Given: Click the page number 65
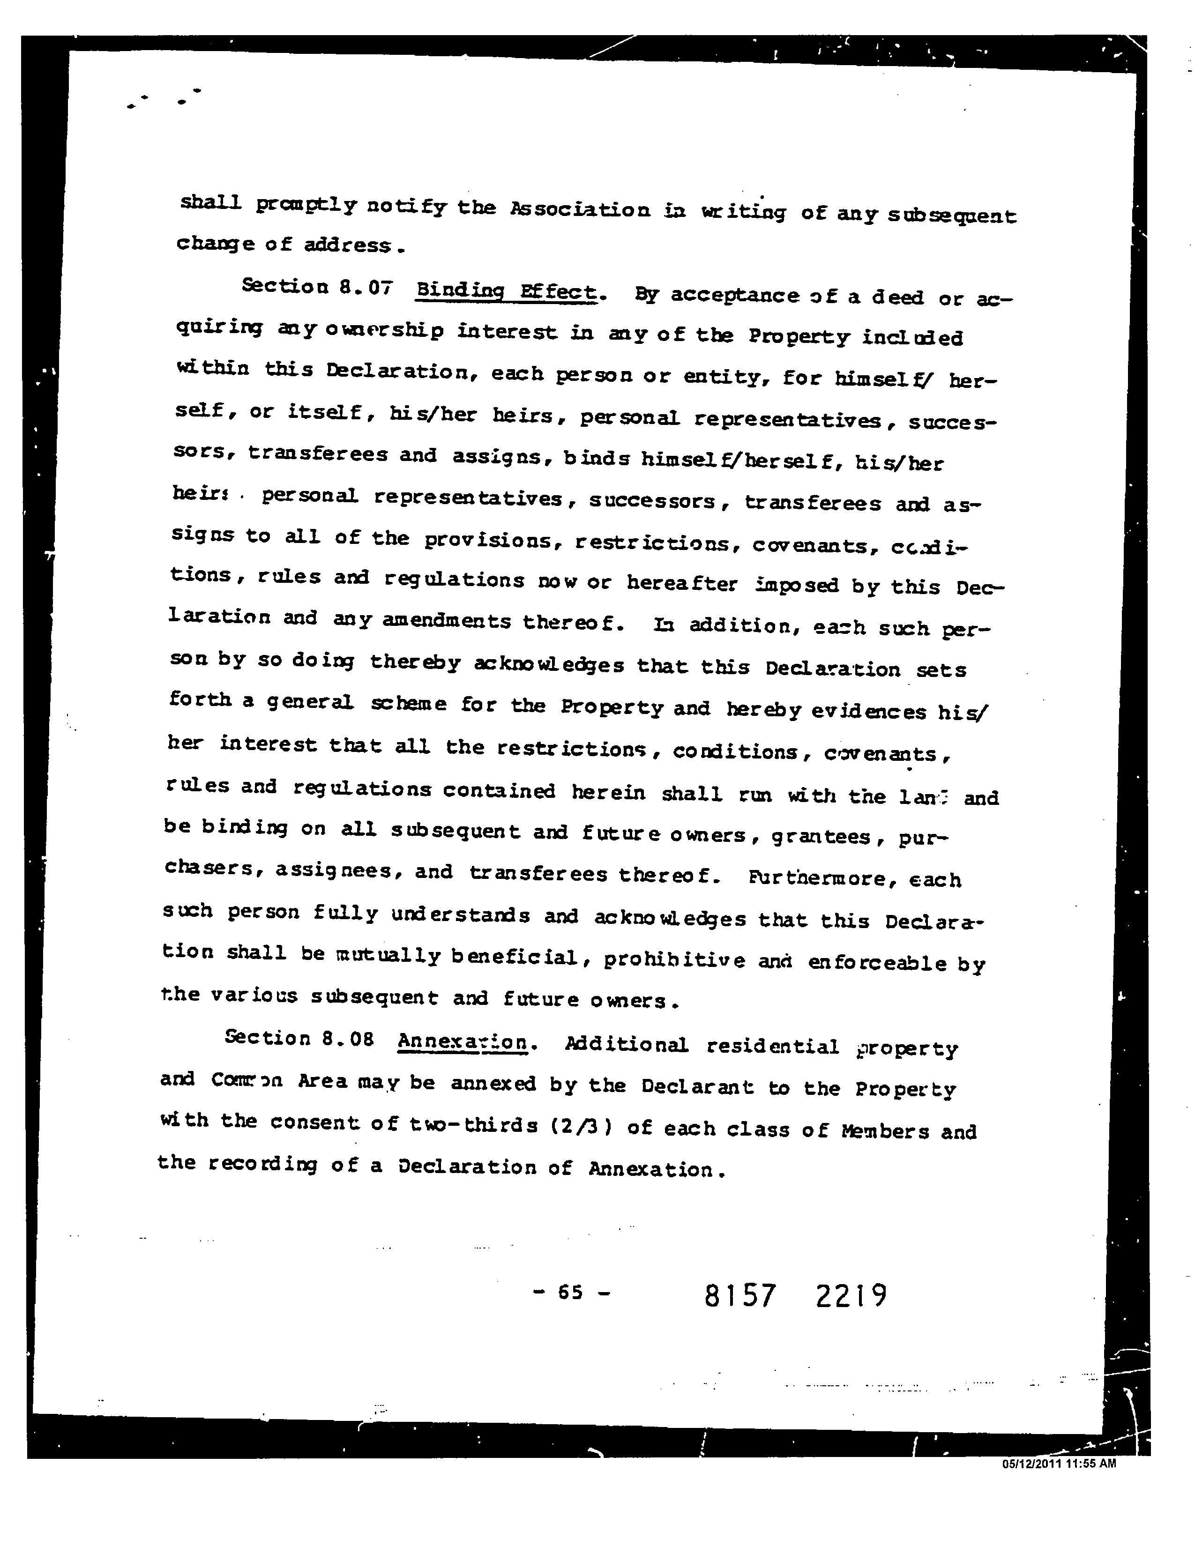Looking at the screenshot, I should [570, 1293].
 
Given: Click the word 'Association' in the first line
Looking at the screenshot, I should [580, 209].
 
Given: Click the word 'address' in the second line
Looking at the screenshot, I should [347, 245].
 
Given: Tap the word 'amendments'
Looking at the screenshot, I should [446, 621].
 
